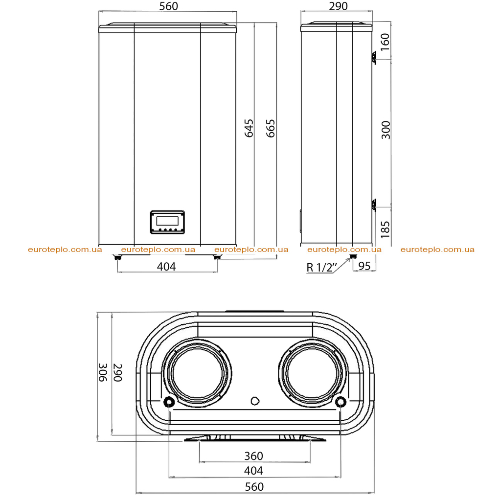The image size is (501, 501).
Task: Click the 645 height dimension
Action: pyautogui.click(x=249, y=128)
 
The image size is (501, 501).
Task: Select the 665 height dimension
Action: pyautogui.click(x=271, y=129)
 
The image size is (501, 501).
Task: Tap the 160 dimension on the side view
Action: pyautogui.click(x=386, y=42)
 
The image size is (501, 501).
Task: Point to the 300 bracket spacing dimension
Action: pyautogui.click(x=386, y=130)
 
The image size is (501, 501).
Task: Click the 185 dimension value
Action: pyautogui.click(x=386, y=229)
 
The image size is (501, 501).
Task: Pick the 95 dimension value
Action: pyautogui.click(x=364, y=266)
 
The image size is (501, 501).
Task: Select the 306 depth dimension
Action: pyautogui.click(x=103, y=372)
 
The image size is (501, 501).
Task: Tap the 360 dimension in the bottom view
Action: pyautogui.click(x=254, y=456)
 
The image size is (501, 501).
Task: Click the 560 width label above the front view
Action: pyautogui.click(x=169, y=6)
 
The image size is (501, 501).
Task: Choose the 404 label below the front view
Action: pyautogui.click(x=166, y=267)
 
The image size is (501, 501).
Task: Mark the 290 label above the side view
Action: pyautogui.click(x=338, y=6)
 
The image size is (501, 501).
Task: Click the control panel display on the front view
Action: pyautogui.click(x=167, y=221)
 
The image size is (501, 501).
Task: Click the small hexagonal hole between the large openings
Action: pyautogui.click(x=254, y=401)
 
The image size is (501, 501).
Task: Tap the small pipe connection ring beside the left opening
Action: pyautogui.click(x=169, y=402)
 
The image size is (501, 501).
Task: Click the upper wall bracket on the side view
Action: pyautogui.click(x=373, y=58)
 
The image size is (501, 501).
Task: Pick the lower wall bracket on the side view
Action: pyautogui.click(x=373, y=205)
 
